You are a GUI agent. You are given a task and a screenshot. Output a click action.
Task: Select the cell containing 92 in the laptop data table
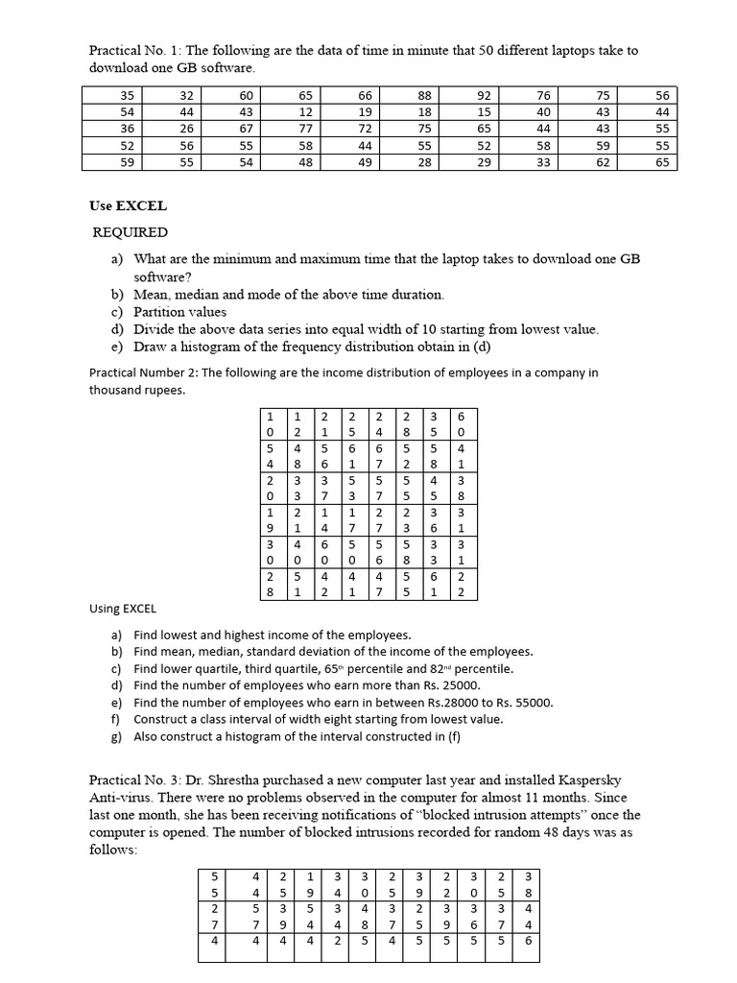(484, 95)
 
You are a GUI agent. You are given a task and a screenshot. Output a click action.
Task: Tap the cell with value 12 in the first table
(305, 112)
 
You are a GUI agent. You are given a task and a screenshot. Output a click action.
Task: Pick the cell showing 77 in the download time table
(305, 129)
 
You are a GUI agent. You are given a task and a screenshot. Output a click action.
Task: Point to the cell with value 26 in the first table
(186, 129)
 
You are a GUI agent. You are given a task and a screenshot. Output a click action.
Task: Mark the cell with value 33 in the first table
(543, 162)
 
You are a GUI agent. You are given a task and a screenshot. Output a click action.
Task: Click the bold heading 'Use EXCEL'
(128, 205)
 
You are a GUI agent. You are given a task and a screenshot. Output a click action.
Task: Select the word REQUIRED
(130, 232)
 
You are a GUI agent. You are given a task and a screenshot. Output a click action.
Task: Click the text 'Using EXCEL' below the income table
(122, 609)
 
